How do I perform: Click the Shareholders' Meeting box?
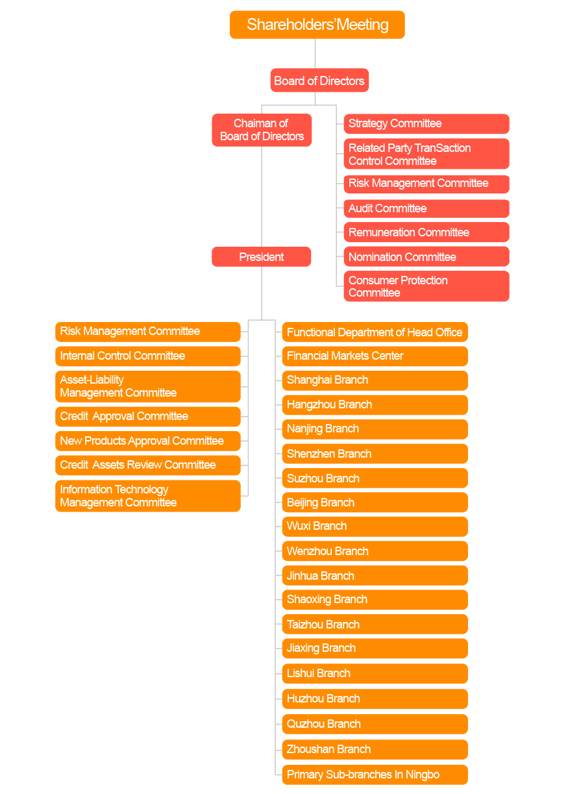tap(317, 25)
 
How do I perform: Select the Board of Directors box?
tap(319, 81)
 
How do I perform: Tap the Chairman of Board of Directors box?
tap(262, 130)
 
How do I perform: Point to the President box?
tap(262, 257)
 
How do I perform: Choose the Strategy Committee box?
tap(426, 123)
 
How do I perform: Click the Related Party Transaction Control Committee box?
tap(426, 154)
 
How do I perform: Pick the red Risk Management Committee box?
tap(426, 184)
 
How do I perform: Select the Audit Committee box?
tap(426, 208)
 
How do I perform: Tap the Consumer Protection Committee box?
tap(426, 286)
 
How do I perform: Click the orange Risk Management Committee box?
tap(148, 331)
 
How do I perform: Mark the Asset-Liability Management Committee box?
tap(148, 386)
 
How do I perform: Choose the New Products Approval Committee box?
tap(148, 441)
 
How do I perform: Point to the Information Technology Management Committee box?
tap(148, 496)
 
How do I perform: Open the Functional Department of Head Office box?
tap(375, 332)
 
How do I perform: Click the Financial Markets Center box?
tap(375, 356)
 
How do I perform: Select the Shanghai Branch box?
tap(375, 380)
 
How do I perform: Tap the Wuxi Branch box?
tap(375, 526)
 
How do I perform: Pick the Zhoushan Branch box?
tap(375, 749)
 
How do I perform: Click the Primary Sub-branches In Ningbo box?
tap(375, 775)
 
